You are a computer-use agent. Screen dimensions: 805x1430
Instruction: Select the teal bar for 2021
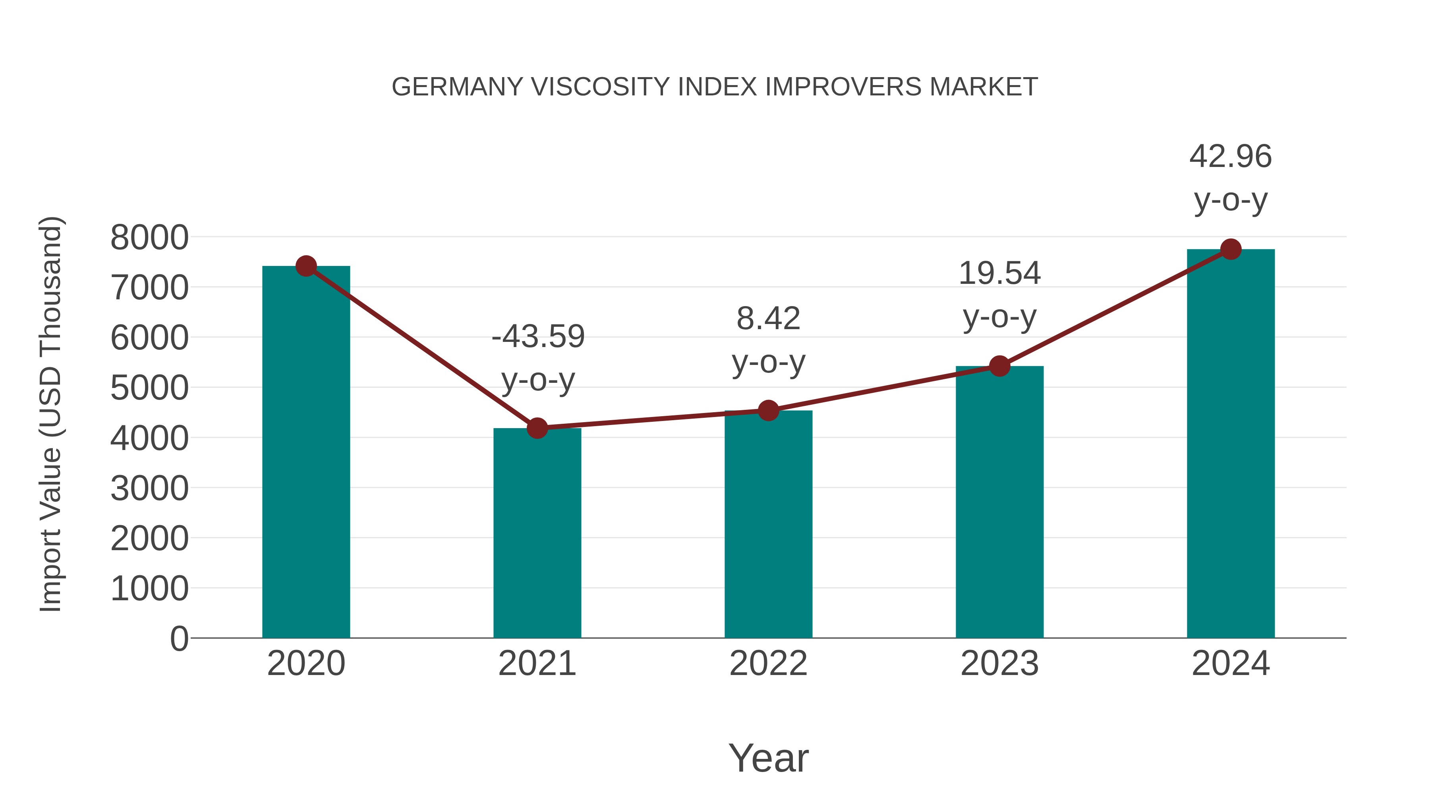[x=537, y=533]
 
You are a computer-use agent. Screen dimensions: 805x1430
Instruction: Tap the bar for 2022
[x=768, y=525]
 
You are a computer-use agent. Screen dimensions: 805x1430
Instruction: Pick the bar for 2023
[x=999, y=503]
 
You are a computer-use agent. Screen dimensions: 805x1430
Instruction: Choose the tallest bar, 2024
[x=1231, y=444]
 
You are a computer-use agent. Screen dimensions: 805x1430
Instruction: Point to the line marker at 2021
[x=537, y=428]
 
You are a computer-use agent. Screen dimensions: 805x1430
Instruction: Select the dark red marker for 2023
[x=999, y=366]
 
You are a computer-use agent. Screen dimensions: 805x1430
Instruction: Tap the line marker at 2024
[x=1231, y=249]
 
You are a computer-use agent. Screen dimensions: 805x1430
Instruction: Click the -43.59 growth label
[x=538, y=337]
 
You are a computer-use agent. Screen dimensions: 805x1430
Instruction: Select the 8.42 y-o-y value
[x=768, y=319]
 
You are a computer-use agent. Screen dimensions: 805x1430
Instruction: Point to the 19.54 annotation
[x=999, y=274]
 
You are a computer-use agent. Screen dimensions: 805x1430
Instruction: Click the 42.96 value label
[x=1230, y=156]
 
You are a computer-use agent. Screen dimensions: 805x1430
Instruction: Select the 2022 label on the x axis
[x=768, y=663]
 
